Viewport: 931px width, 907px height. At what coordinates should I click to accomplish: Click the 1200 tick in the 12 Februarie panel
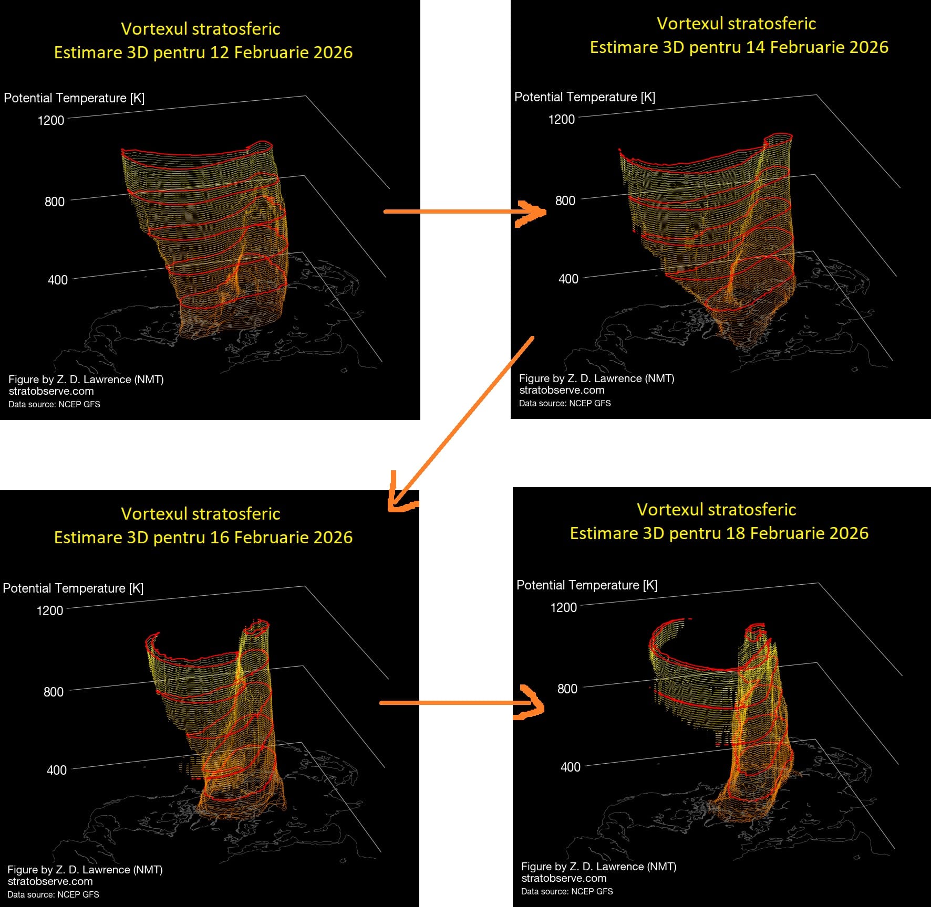tap(51, 120)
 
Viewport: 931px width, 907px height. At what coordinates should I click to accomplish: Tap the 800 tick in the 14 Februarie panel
tap(565, 201)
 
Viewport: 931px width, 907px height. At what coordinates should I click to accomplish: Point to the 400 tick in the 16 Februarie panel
tap(57, 770)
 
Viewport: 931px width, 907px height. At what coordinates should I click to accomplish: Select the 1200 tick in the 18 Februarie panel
tap(563, 607)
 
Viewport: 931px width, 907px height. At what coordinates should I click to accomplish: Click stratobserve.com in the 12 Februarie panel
tap(51, 391)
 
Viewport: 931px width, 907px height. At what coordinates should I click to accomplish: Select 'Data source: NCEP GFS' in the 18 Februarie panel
tap(567, 891)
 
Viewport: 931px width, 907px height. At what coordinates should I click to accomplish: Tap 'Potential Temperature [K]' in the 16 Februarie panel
tap(73, 588)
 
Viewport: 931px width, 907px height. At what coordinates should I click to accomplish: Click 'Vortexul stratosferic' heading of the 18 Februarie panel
tap(716, 510)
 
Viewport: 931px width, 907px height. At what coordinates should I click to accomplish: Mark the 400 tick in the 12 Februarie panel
tap(58, 280)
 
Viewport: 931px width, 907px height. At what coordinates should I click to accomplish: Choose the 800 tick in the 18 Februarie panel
tap(567, 689)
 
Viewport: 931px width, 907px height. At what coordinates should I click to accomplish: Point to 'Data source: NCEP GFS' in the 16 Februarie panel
tap(53, 894)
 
